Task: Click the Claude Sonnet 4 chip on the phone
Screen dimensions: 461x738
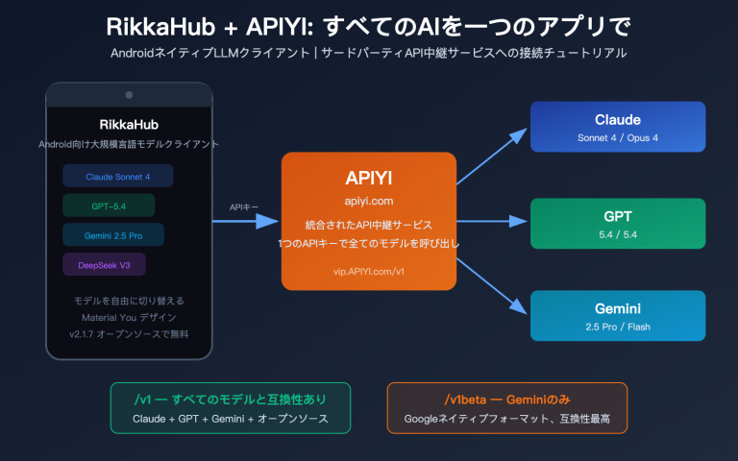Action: coord(117,176)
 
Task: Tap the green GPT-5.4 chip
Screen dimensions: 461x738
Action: coord(108,206)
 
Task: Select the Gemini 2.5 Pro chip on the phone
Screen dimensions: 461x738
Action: coord(112,235)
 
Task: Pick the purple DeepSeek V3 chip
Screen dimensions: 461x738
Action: coord(104,264)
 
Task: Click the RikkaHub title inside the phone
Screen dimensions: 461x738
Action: coord(129,125)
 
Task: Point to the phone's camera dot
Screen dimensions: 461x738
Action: coord(129,95)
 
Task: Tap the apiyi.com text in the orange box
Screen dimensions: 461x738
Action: coord(369,201)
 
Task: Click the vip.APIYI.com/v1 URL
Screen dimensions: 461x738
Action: coord(369,272)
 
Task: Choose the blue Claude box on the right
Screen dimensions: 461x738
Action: coord(618,127)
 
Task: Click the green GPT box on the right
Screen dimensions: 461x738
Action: coord(618,223)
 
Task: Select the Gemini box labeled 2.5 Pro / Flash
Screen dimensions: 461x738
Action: coord(618,316)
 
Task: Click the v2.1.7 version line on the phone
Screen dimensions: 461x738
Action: coord(129,333)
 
